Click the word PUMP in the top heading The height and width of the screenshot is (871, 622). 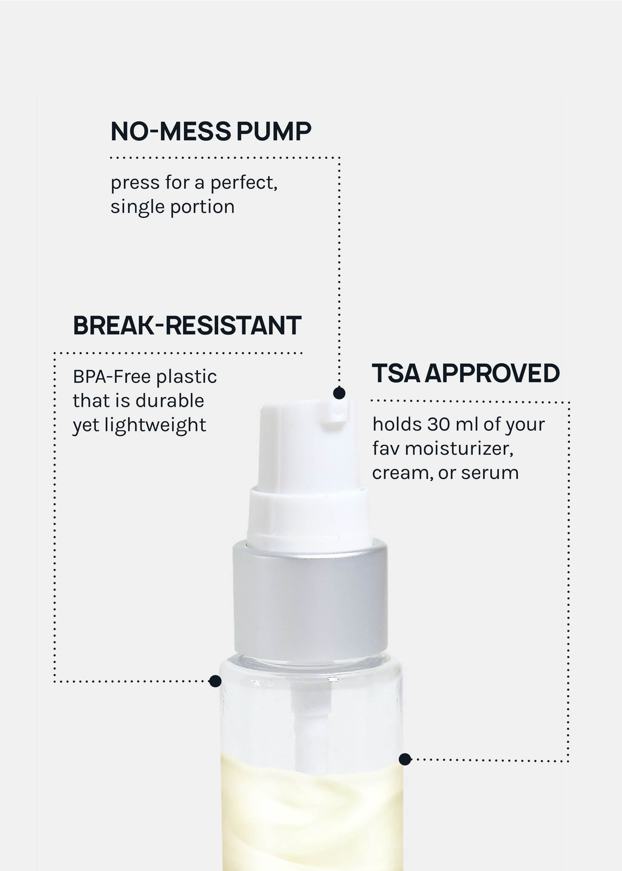pyautogui.click(x=274, y=131)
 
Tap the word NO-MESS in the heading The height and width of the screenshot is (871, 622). pyautogui.click(x=171, y=131)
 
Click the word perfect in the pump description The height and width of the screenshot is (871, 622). pyautogui.click(x=244, y=183)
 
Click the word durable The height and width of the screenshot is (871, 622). pyautogui.click(x=170, y=401)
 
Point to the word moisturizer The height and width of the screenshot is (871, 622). pyautogui.click(x=459, y=448)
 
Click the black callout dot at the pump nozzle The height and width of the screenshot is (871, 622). pyautogui.click(x=339, y=393)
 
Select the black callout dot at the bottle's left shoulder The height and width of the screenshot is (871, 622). pyautogui.click(x=215, y=681)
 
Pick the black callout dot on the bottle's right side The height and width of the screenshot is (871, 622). pyautogui.click(x=405, y=759)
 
